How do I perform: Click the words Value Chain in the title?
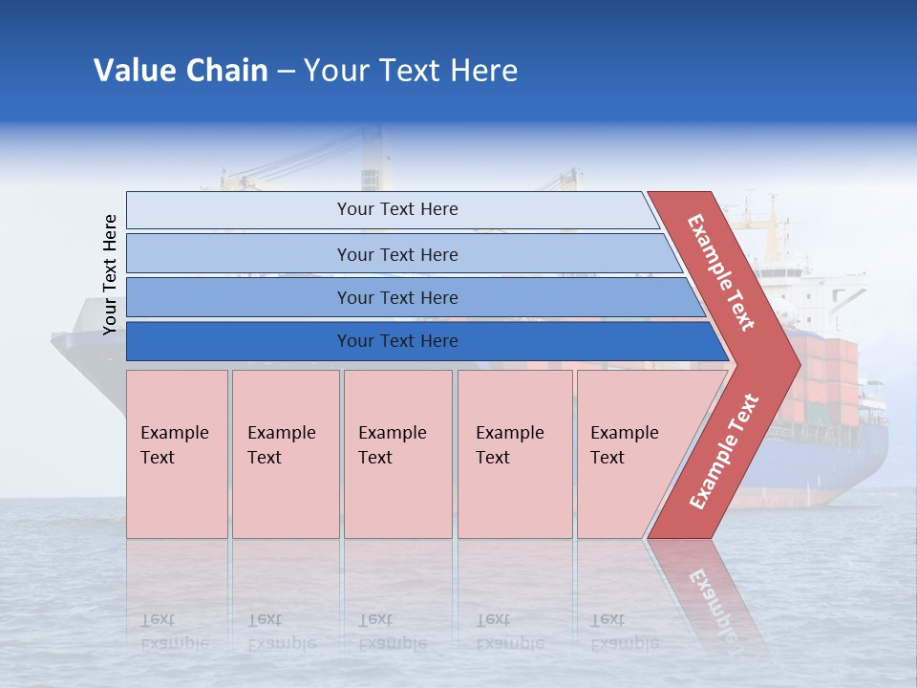click(x=181, y=71)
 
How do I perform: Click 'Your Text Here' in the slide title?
click(x=411, y=71)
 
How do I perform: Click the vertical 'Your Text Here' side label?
click(x=110, y=274)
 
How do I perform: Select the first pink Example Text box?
click(x=177, y=453)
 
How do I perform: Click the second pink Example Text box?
click(x=285, y=453)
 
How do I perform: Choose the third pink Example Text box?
click(x=397, y=453)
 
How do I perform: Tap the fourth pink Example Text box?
click(x=514, y=453)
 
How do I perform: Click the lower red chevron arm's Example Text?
click(x=724, y=451)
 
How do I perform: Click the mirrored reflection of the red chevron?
click(x=707, y=592)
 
